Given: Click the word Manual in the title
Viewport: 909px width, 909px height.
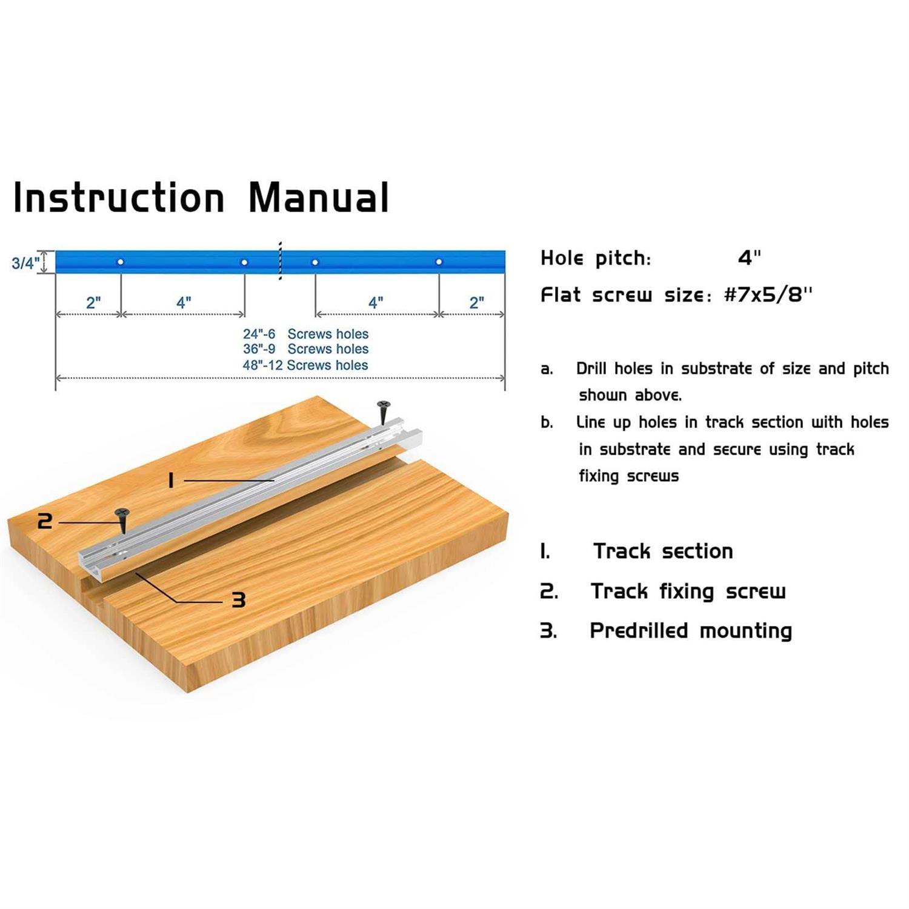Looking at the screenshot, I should [x=319, y=198].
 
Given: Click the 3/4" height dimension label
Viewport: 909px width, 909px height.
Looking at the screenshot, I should [x=25, y=263].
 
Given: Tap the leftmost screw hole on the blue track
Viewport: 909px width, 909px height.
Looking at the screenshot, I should [x=121, y=262].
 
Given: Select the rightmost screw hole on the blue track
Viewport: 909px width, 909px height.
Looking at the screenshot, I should [x=439, y=262].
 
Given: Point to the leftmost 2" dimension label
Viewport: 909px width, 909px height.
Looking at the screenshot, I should [x=93, y=302].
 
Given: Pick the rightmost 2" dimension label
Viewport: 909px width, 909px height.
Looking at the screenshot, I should [x=477, y=302].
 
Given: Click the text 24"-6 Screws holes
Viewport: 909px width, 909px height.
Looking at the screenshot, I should [x=305, y=334].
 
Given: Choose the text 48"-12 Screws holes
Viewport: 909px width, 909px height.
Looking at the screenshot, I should [x=305, y=365].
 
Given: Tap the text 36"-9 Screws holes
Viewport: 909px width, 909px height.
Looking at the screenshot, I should [x=305, y=349].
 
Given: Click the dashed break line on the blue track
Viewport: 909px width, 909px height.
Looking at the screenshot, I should [x=280, y=261].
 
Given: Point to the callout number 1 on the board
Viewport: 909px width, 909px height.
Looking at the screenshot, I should [x=171, y=481].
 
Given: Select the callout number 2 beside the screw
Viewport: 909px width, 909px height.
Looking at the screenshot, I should [x=45, y=521].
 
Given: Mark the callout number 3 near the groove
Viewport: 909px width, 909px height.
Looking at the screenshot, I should [x=239, y=600].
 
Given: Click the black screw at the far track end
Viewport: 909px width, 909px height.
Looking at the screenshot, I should [x=384, y=411].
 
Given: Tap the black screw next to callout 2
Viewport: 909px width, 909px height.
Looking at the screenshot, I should [x=123, y=519].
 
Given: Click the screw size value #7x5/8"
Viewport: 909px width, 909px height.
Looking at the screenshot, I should [x=768, y=295].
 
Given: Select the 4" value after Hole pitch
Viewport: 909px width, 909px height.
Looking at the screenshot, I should [x=749, y=258].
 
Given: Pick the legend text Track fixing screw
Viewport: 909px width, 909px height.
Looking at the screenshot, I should [x=688, y=591].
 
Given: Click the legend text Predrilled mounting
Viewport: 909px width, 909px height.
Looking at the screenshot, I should [x=691, y=631].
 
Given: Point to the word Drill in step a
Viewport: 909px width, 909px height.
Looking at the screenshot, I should [x=591, y=368].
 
